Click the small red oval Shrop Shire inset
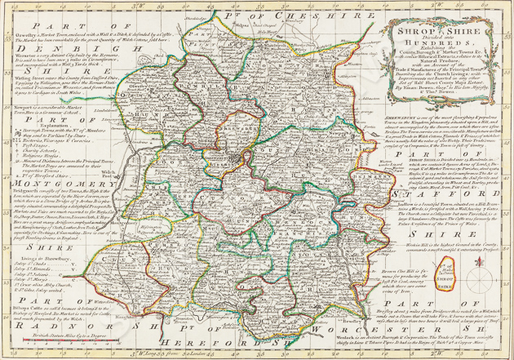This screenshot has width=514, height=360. coord(491,269)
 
